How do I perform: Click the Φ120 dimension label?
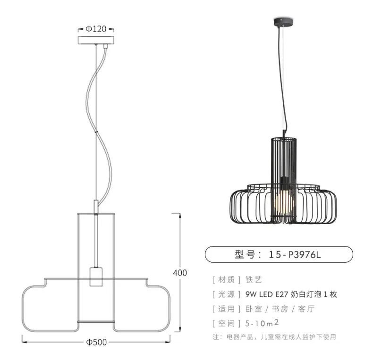tap(96, 29)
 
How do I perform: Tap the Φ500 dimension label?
tap(96, 342)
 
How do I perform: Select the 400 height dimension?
tap(180, 273)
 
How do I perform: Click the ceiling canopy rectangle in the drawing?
tap(96, 40)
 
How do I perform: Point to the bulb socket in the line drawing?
tap(96, 277)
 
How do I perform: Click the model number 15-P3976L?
tap(295, 255)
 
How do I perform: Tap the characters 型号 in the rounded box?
tap(245, 255)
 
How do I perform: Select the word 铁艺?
tap(254, 280)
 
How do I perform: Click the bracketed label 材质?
tap(227, 280)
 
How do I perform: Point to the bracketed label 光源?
tap(227, 294)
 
